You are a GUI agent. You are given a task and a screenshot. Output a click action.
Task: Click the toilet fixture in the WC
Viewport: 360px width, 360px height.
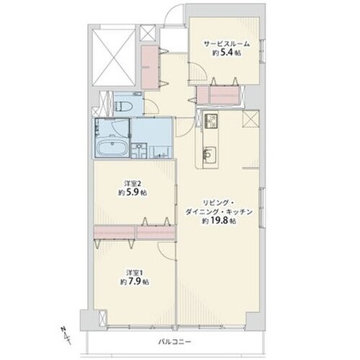[x=124, y=106]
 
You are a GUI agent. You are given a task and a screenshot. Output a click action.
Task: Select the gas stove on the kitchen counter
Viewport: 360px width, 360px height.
[x=211, y=121]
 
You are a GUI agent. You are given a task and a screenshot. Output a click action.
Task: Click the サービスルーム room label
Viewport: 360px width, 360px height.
[x=227, y=44]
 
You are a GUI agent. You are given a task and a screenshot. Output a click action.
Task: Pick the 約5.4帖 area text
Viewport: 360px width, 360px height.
[x=226, y=53]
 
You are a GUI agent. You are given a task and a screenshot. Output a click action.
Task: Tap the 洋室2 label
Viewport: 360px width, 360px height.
[x=132, y=184]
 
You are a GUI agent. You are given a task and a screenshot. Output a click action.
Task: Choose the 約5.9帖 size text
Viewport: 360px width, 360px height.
[x=132, y=192]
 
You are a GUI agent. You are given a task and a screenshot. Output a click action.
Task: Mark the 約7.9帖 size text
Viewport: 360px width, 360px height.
[x=135, y=282]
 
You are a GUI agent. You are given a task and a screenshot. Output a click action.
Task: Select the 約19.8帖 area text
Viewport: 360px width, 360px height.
[x=218, y=221]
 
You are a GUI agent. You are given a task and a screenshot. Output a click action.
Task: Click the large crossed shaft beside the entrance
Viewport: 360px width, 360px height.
[x=114, y=58]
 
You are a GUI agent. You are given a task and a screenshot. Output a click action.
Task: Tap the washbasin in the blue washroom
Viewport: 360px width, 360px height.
[x=139, y=150]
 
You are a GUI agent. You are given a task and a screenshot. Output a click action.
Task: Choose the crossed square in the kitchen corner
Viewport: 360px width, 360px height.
[x=250, y=118]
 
